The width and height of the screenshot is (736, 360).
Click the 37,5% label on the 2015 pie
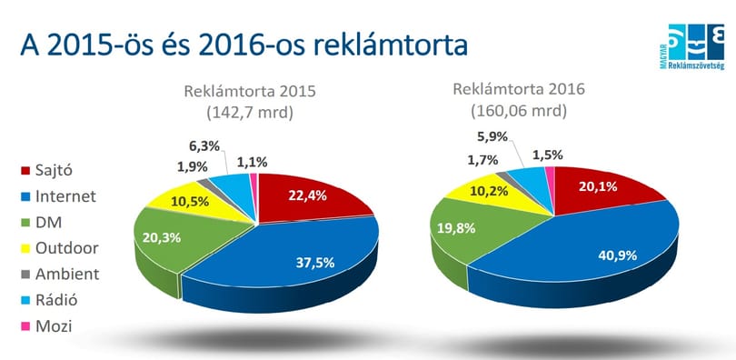point(315,263)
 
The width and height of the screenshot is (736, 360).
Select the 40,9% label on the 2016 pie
point(617,255)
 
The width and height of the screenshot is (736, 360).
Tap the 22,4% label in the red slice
point(307,195)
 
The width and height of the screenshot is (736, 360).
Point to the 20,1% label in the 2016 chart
point(598,186)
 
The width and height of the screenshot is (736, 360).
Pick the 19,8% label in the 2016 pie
point(456,228)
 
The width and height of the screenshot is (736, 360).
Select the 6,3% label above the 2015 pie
point(204,146)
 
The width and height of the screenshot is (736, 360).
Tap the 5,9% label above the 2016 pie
point(492,137)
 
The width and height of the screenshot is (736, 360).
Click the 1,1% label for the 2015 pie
point(252,163)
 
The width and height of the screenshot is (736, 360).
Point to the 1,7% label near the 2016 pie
point(482,161)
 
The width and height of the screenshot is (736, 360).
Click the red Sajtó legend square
point(25,170)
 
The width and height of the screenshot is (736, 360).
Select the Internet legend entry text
point(65,195)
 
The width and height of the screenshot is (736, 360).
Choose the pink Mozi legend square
point(25,325)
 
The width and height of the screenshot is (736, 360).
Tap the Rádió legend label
point(56,299)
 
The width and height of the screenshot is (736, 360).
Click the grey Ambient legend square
point(25,275)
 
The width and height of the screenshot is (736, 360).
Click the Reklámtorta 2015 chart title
point(250,91)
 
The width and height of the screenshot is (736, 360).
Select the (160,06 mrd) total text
point(519,111)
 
